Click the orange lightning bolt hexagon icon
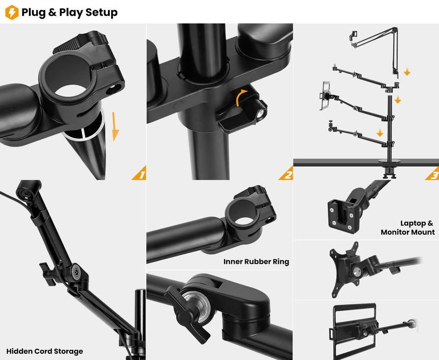pyautogui.click(x=12, y=12)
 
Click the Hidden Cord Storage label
pyautogui.click(x=45, y=351)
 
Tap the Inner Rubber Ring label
pyautogui.click(x=256, y=262)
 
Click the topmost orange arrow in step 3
pyautogui.click(x=407, y=72)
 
